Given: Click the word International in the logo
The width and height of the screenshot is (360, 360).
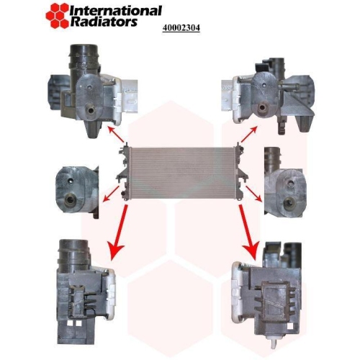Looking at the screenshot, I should coord(116,11).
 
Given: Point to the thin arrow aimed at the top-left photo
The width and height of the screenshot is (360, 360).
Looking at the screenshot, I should coord(116,137).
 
